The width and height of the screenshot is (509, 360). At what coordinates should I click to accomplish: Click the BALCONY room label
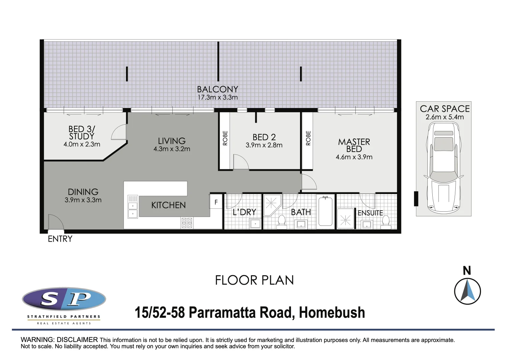pos(217,89)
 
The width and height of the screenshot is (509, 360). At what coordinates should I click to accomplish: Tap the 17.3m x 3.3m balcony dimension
pos(217,97)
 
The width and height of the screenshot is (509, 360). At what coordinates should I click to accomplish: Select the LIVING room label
pos(172,141)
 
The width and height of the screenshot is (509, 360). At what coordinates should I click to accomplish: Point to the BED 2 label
pos(264,137)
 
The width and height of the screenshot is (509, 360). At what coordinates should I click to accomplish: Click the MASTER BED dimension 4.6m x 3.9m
pos(354,157)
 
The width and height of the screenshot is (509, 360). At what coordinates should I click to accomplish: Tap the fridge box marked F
pos(216,202)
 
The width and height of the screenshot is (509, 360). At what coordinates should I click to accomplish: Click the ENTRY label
pos(60,239)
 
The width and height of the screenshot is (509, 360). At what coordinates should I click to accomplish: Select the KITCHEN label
pos(168,205)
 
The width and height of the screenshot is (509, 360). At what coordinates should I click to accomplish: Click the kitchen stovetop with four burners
pos(187,223)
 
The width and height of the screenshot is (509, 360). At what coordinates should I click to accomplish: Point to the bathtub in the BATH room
pos(325,211)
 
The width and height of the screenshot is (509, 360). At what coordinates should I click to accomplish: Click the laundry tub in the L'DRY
pos(255,224)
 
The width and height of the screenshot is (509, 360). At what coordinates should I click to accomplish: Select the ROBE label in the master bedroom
pos(308,138)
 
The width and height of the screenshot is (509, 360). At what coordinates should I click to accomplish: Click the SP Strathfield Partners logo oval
pos(64,299)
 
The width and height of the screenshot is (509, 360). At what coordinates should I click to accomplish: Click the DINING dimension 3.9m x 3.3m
pos(83,200)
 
